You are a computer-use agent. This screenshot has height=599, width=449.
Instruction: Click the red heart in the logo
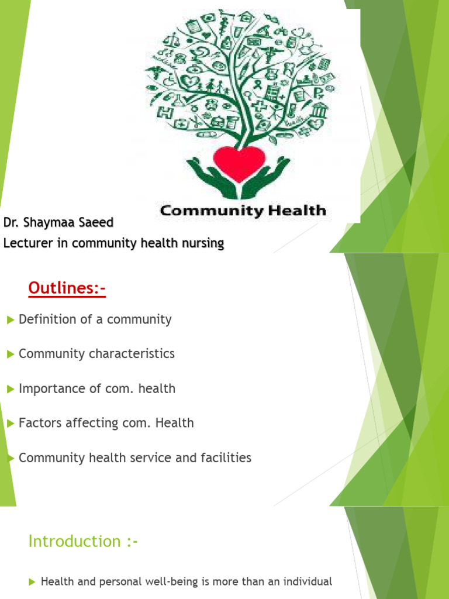[240, 163]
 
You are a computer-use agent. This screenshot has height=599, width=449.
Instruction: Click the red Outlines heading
[67, 289]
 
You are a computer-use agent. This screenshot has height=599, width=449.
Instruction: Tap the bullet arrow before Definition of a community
[10, 320]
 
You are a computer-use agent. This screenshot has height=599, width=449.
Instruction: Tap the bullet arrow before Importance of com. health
[10, 389]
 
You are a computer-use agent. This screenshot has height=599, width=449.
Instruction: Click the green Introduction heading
[83, 541]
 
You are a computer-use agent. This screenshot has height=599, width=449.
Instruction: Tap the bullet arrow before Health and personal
[32, 582]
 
